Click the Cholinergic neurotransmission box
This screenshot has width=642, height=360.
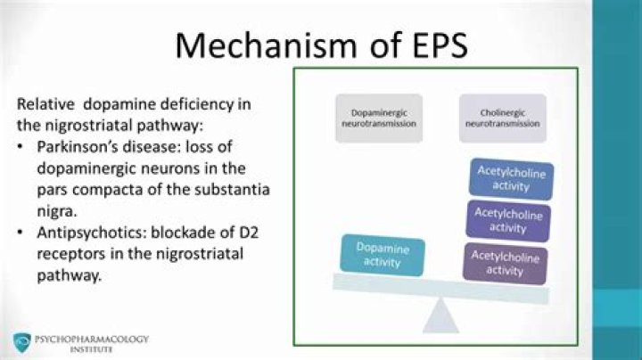502,119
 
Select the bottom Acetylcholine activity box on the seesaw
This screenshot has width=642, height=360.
505,263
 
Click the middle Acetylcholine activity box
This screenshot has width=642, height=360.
508,220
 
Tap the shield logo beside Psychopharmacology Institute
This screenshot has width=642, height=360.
21,342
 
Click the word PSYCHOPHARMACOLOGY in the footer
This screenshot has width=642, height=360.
92,339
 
